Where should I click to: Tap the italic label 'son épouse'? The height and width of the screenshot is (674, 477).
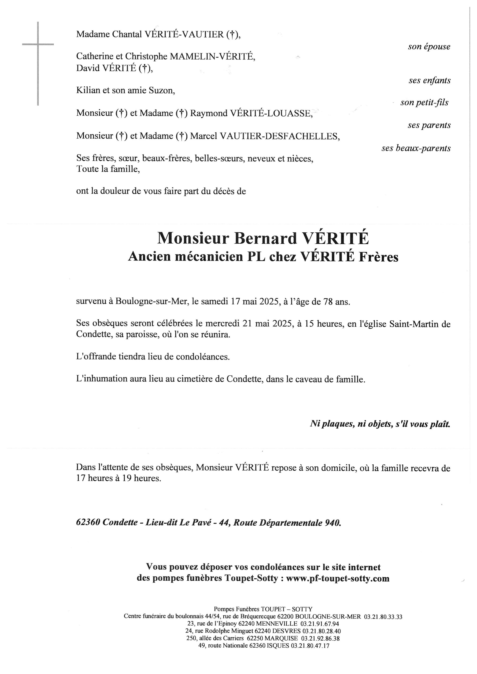[429, 47]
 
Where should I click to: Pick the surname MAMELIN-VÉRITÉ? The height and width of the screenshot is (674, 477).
[212, 56]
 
